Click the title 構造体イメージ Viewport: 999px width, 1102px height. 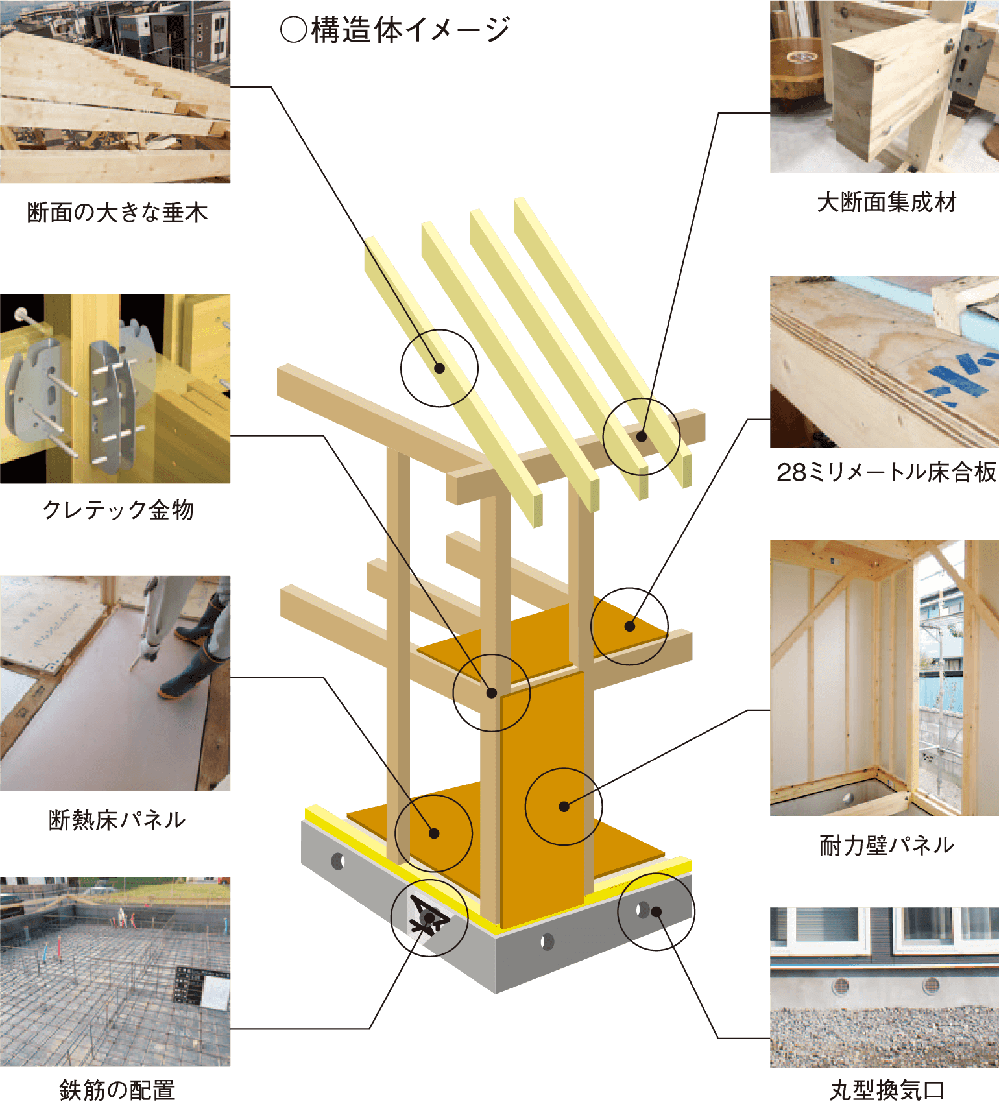click(x=411, y=30)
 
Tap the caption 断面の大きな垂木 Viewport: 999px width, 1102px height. click(x=117, y=213)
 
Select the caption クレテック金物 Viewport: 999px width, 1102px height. click(x=118, y=510)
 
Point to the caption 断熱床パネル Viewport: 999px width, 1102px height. click(x=117, y=820)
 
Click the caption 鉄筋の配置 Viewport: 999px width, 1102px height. click(x=117, y=1090)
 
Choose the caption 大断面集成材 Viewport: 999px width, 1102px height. click(x=887, y=202)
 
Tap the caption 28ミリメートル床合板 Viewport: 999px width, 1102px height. click(x=886, y=472)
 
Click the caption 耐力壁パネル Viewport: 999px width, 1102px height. click(x=887, y=845)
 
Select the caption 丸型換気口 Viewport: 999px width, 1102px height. click(x=887, y=1090)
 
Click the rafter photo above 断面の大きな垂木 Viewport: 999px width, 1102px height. click(x=115, y=91)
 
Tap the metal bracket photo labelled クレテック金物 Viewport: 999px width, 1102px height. click(x=115, y=389)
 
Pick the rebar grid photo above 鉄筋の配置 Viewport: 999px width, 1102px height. click(x=115, y=972)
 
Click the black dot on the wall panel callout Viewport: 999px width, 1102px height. click(x=564, y=807)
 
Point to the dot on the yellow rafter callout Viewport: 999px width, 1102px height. click(x=439, y=368)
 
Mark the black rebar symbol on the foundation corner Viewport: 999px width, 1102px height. click(x=428, y=916)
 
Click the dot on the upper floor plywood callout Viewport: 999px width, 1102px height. click(x=629, y=627)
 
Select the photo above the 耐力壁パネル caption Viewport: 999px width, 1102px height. click(x=885, y=678)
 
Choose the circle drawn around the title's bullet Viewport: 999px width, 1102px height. click(x=293, y=30)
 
